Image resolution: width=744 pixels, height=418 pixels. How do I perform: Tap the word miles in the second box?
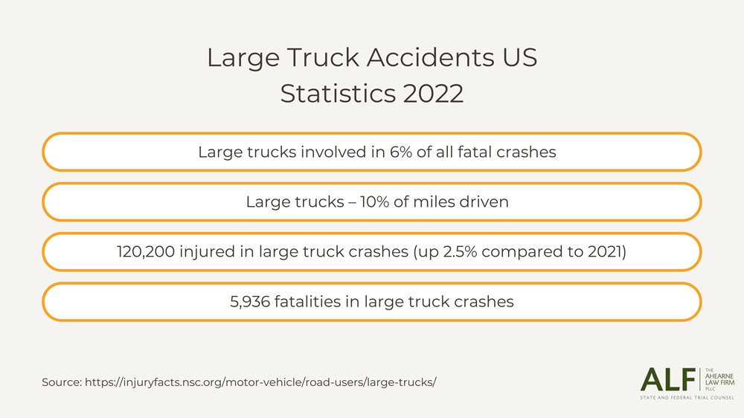tap(430, 202)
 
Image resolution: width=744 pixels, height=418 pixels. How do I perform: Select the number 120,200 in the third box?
tap(145, 251)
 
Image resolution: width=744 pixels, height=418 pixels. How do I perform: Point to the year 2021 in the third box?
tap(604, 251)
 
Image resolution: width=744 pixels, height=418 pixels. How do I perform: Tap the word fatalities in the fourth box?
tap(316, 301)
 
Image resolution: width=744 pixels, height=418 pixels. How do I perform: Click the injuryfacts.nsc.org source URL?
tap(260, 382)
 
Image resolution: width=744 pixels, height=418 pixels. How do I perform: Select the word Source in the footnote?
tap(61, 382)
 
